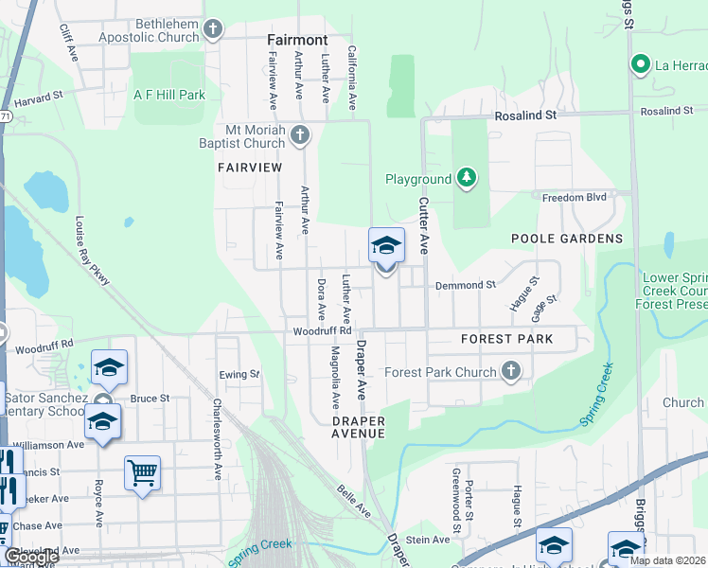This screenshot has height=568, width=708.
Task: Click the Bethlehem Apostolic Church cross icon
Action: (x=212, y=30)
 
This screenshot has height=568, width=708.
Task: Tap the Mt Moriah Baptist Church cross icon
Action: (x=300, y=135)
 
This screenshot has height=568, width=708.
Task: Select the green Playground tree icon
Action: (x=465, y=178)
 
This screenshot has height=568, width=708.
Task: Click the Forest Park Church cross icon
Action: (x=511, y=372)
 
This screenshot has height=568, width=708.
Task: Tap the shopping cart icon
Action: (x=142, y=472)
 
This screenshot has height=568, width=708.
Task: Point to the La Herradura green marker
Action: (x=640, y=65)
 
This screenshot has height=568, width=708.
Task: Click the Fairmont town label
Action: (x=296, y=41)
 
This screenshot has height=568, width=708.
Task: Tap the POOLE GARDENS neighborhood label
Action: (x=568, y=239)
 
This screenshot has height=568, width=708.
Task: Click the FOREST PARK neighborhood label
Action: (x=506, y=339)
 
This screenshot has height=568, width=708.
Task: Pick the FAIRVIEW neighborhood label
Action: (x=250, y=167)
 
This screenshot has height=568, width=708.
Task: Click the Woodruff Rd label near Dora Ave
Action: (x=322, y=331)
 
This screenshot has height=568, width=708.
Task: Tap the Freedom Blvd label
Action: (x=572, y=197)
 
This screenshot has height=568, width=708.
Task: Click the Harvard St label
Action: (x=38, y=96)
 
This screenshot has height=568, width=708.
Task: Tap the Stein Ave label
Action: (x=428, y=540)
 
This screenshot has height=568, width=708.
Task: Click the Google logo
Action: (x=30, y=558)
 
